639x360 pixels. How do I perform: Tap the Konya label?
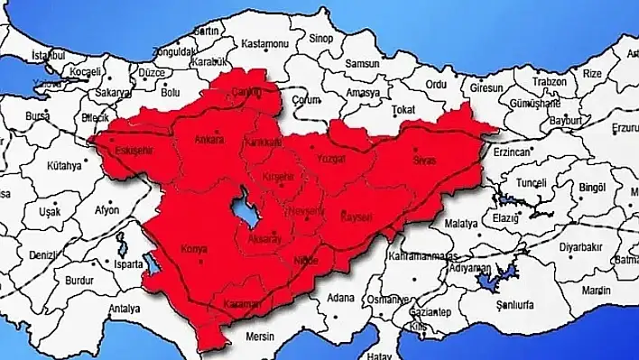(x=195, y=248)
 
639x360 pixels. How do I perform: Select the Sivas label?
(x=423, y=160)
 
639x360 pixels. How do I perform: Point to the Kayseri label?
(x=355, y=217)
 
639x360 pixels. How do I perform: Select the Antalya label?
(x=124, y=309)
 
